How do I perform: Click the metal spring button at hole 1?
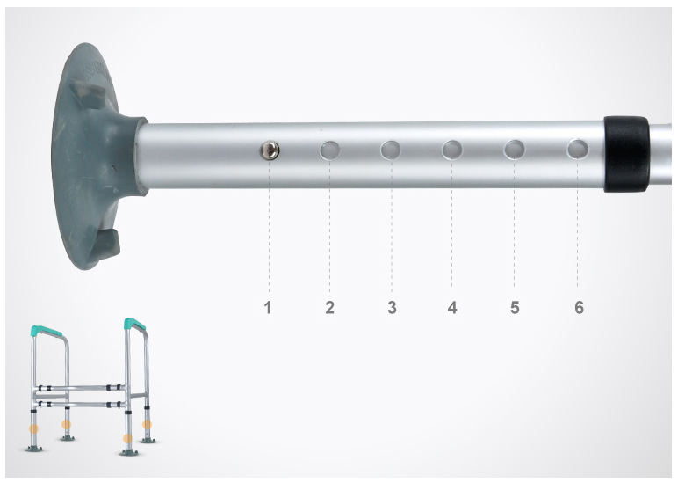pyautogui.click(x=270, y=150)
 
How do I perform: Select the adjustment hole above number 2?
pyautogui.click(x=330, y=150)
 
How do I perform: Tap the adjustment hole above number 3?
pyautogui.click(x=391, y=150)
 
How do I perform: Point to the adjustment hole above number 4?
pyautogui.click(x=452, y=150)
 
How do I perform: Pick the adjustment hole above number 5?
pyautogui.click(x=515, y=150)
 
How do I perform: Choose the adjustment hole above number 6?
pyautogui.click(x=578, y=149)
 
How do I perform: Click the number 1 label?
pyautogui.click(x=268, y=308)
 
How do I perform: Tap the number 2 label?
pyautogui.click(x=330, y=308)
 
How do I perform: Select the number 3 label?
pyautogui.click(x=392, y=308)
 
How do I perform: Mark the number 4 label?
pyautogui.click(x=452, y=308)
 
